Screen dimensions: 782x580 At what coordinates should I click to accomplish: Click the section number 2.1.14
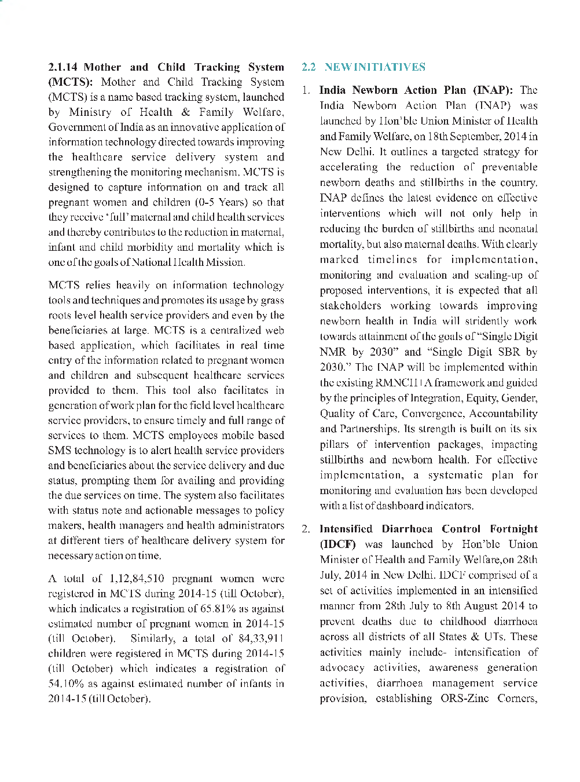(x=63, y=67)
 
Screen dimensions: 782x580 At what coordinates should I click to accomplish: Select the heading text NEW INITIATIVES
(x=375, y=67)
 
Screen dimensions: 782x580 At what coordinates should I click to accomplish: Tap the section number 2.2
(x=309, y=67)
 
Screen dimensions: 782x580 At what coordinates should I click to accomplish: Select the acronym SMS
(x=60, y=451)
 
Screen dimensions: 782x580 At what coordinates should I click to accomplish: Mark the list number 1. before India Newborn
(x=306, y=90)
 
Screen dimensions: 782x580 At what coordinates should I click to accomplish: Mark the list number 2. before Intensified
(x=306, y=529)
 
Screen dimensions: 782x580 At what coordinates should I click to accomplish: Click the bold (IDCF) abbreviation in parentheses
(x=338, y=545)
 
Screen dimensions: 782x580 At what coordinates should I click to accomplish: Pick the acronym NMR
(x=333, y=352)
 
